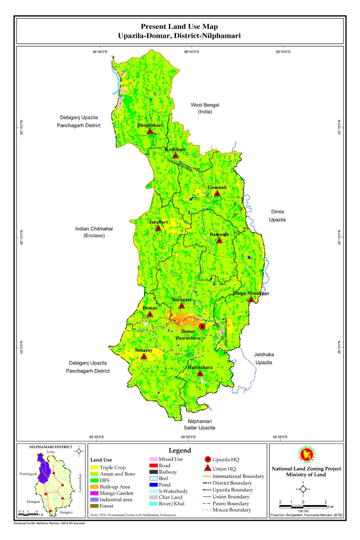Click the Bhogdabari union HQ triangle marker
click(x=150, y=131)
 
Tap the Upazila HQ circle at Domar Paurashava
click(x=202, y=326)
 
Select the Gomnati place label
click(x=217, y=187)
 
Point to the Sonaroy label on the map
click(x=144, y=350)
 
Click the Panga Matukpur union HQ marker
click(x=251, y=299)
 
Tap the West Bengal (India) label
click(x=204, y=108)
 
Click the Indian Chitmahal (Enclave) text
click(x=94, y=232)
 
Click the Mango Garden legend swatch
click(x=94, y=493)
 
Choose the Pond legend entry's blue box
click(x=153, y=485)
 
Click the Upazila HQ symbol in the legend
click(x=207, y=459)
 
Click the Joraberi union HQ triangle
click(x=158, y=228)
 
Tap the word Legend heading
click(x=180, y=450)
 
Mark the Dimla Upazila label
click(x=278, y=216)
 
